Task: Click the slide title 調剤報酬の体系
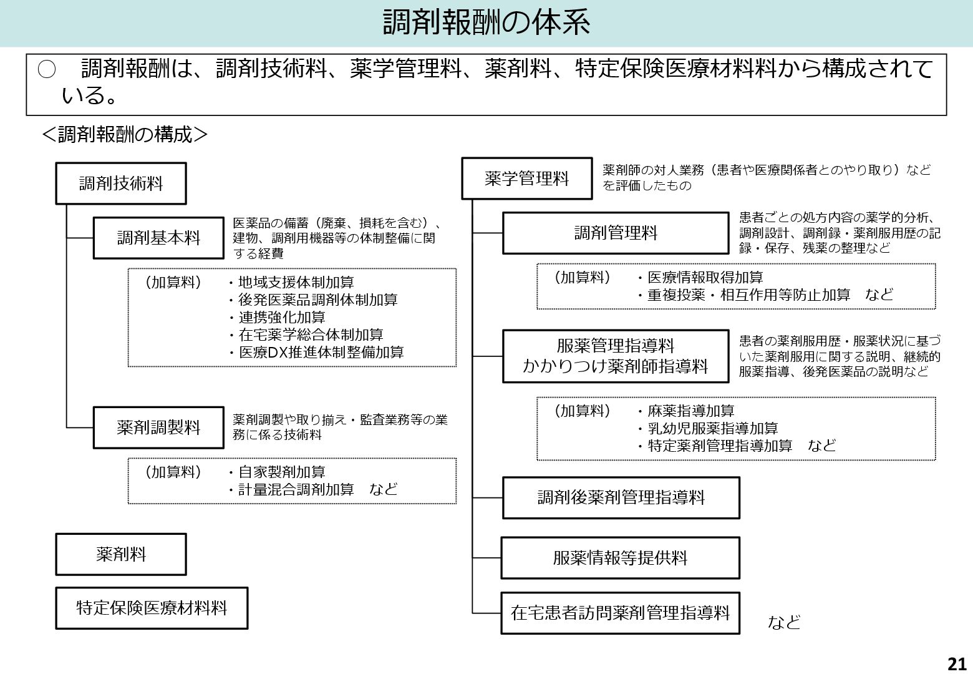pos(486,23)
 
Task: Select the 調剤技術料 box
pos(121,183)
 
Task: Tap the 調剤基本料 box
pos(158,238)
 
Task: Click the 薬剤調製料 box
pos(158,427)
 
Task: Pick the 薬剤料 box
pos(121,554)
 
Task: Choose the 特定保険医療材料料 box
pos(152,608)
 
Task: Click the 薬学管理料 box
pos(526,178)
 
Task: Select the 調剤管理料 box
pos(616,233)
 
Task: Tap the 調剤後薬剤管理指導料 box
pos(621,497)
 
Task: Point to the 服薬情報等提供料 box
pos(620,557)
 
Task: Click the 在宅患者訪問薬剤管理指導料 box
pos(620,613)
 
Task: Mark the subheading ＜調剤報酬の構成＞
pos(124,134)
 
